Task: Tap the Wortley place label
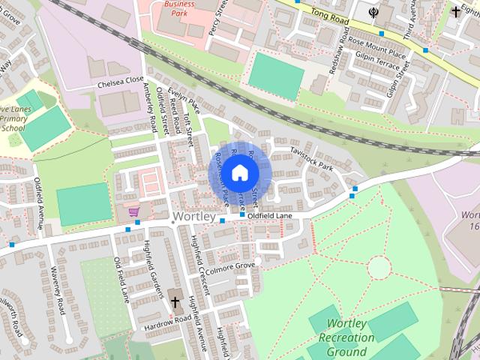[193, 217]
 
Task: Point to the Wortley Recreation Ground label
[346, 337]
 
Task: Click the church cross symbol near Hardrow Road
[175, 302]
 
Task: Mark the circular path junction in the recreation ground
[379, 267]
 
